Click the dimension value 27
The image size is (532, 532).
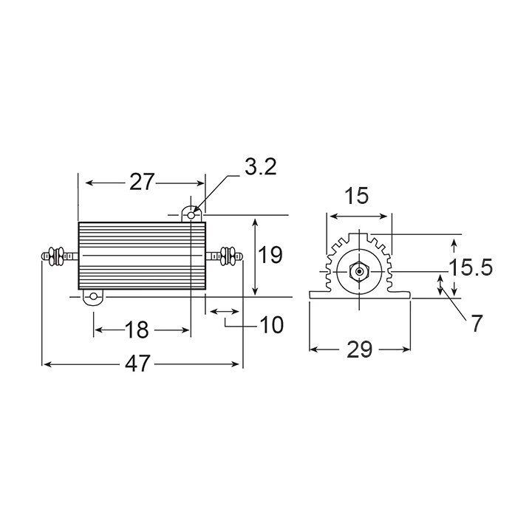point(142,183)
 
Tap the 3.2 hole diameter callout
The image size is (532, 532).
point(261,167)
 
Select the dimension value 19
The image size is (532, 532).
point(270,255)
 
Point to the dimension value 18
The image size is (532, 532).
point(137,330)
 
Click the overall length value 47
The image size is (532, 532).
point(137,364)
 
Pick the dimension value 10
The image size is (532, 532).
point(271,325)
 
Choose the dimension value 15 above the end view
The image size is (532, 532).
point(357,196)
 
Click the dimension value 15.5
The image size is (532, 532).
point(471,267)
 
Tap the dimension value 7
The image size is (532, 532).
point(477,324)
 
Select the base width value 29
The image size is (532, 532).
point(360,349)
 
